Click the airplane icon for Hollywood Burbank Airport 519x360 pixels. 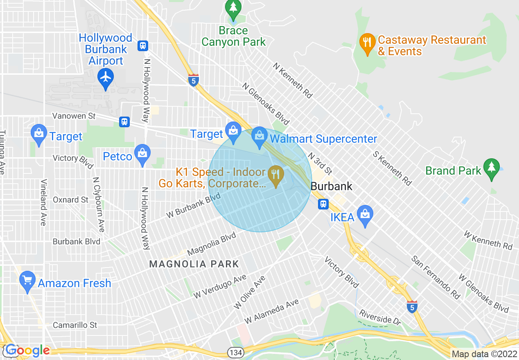(106, 76)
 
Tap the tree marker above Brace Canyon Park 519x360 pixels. (233, 7)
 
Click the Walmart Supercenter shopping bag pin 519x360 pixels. (259, 135)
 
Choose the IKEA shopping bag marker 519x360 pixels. (364, 214)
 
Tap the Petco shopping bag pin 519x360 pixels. (142, 153)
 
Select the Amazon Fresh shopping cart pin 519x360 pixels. (27, 280)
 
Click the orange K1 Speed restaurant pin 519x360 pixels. (276, 175)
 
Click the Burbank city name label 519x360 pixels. (332, 186)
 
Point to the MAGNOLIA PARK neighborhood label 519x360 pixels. (194, 264)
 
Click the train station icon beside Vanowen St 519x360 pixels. (124, 122)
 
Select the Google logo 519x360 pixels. (27, 351)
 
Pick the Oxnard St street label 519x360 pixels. (70, 200)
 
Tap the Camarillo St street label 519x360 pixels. (75, 325)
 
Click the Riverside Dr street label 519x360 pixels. (380, 317)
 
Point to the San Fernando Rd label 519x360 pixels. (436, 277)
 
